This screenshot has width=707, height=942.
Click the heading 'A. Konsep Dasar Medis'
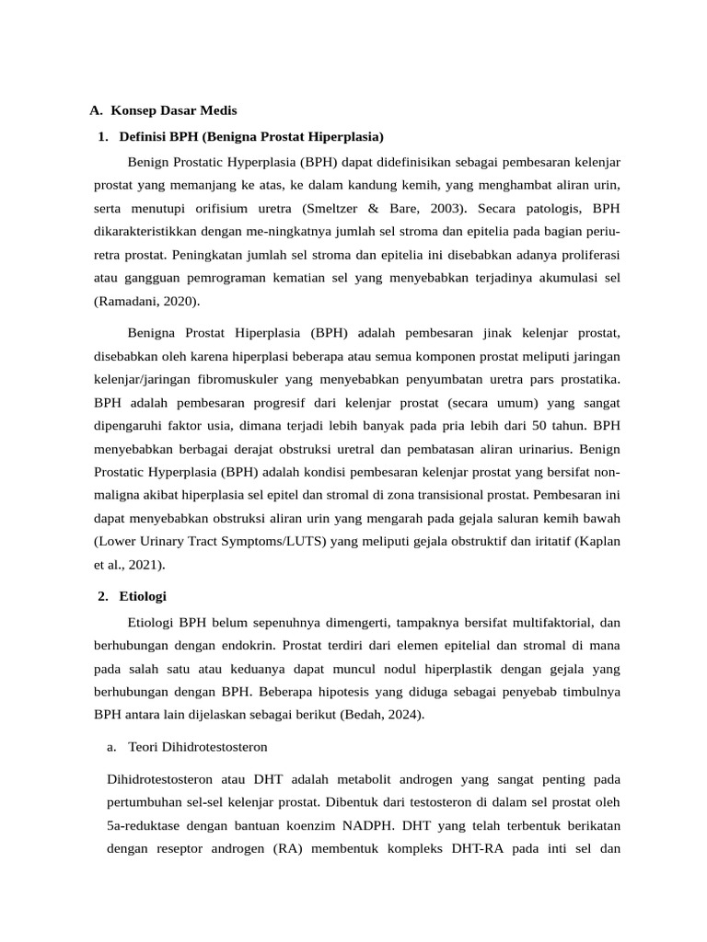pos(163,110)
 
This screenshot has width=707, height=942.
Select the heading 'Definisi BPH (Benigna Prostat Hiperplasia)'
pos(251,137)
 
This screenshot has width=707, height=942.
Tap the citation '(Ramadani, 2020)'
pos(146,301)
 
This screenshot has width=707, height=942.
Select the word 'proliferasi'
pos(585,254)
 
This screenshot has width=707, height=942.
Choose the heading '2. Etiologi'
pos(132,596)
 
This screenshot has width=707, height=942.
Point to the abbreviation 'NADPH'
pos(357,824)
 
